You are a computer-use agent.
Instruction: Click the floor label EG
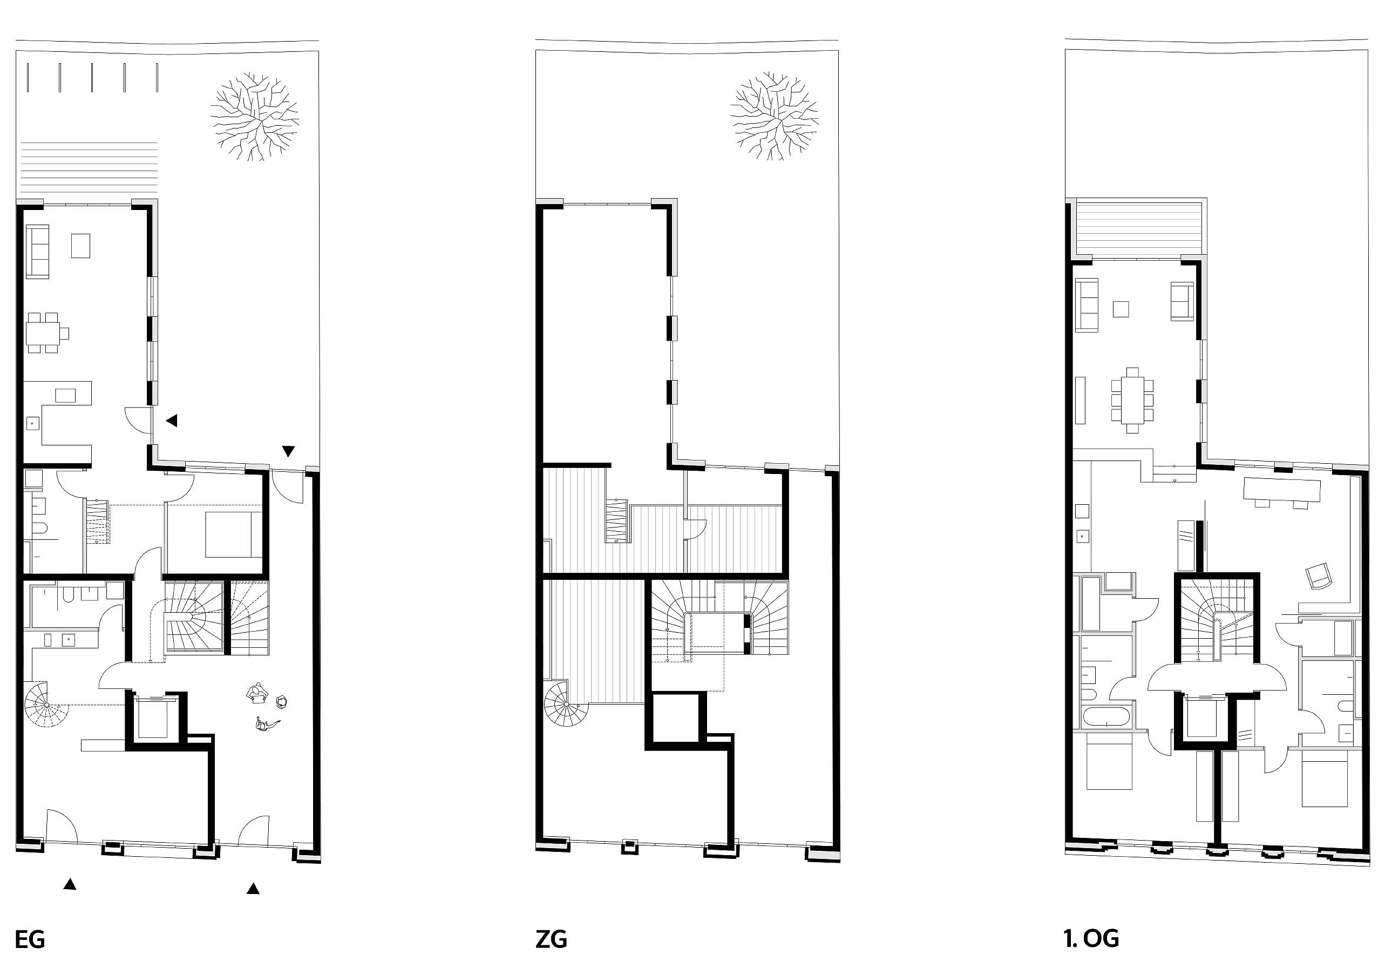pyautogui.click(x=30, y=940)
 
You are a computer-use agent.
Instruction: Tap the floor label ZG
pyautogui.click(x=551, y=940)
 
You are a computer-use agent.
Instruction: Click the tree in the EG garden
pyautogui.click(x=255, y=117)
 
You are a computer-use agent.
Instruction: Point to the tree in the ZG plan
pyautogui.click(x=774, y=117)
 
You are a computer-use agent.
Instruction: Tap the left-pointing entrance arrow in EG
pyautogui.click(x=172, y=421)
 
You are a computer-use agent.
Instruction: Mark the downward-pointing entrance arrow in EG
pyautogui.click(x=288, y=451)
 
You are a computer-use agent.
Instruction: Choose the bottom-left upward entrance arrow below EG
pyautogui.click(x=70, y=884)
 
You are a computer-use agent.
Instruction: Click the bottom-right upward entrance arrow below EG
pyautogui.click(x=253, y=888)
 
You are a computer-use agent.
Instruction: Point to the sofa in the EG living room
pyautogui.click(x=37, y=252)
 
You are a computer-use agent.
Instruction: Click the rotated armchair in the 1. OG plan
pyautogui.click(x=1318, y=575)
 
